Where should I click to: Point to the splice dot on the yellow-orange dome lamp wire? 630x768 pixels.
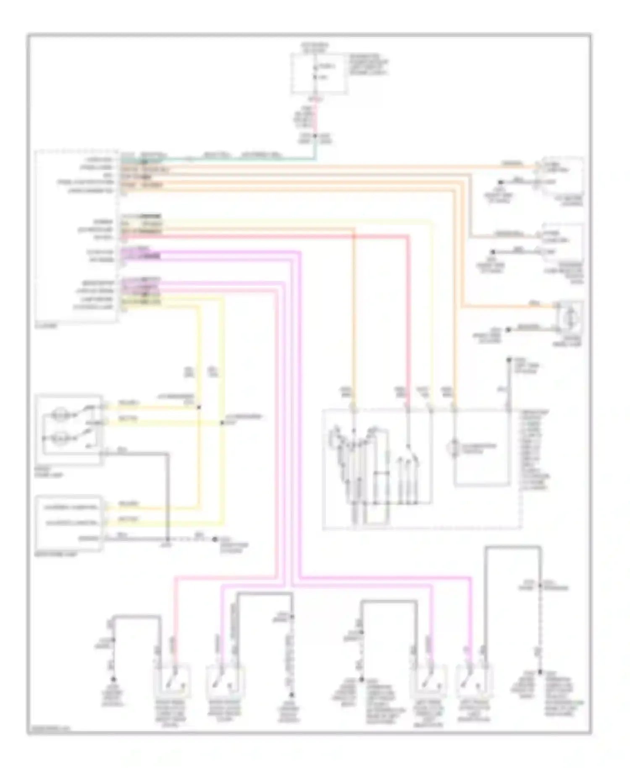[x=199, y=407]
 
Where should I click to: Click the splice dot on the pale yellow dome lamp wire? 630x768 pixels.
[x=222, y=423]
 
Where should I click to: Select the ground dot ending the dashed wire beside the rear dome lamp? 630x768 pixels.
[x=215, y=539]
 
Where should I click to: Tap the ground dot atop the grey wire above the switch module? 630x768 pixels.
[x=508, y=360]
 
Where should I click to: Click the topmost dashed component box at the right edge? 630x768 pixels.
[x=561, y=176]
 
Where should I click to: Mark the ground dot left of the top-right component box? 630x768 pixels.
[x=501, y=183]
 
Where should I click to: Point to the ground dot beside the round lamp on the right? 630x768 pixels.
[x=508, y=330]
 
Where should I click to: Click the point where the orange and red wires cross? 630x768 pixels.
[x=354, y=237]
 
